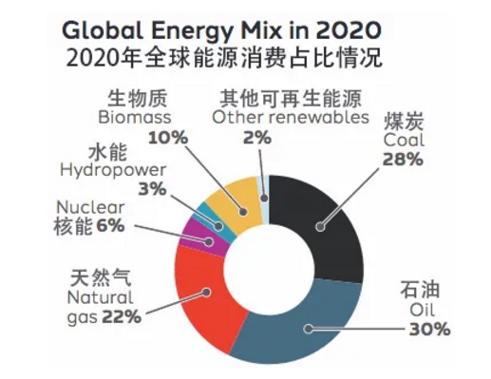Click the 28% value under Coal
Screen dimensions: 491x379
click(403, 160)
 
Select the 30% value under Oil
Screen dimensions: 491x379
click(429, 330)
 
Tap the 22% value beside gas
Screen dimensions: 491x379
click(122, 316)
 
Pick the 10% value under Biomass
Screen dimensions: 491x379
click(168, 138)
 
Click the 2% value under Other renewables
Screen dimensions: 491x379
click(257, 138)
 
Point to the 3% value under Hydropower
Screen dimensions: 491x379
click(152, 189)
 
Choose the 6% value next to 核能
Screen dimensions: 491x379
click(110, 226)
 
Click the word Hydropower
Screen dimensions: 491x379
click(113, 171)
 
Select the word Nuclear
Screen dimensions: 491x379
click(90, 208)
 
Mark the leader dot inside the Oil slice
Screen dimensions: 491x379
click(308, 330)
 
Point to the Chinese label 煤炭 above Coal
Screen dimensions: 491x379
click(404, 122)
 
